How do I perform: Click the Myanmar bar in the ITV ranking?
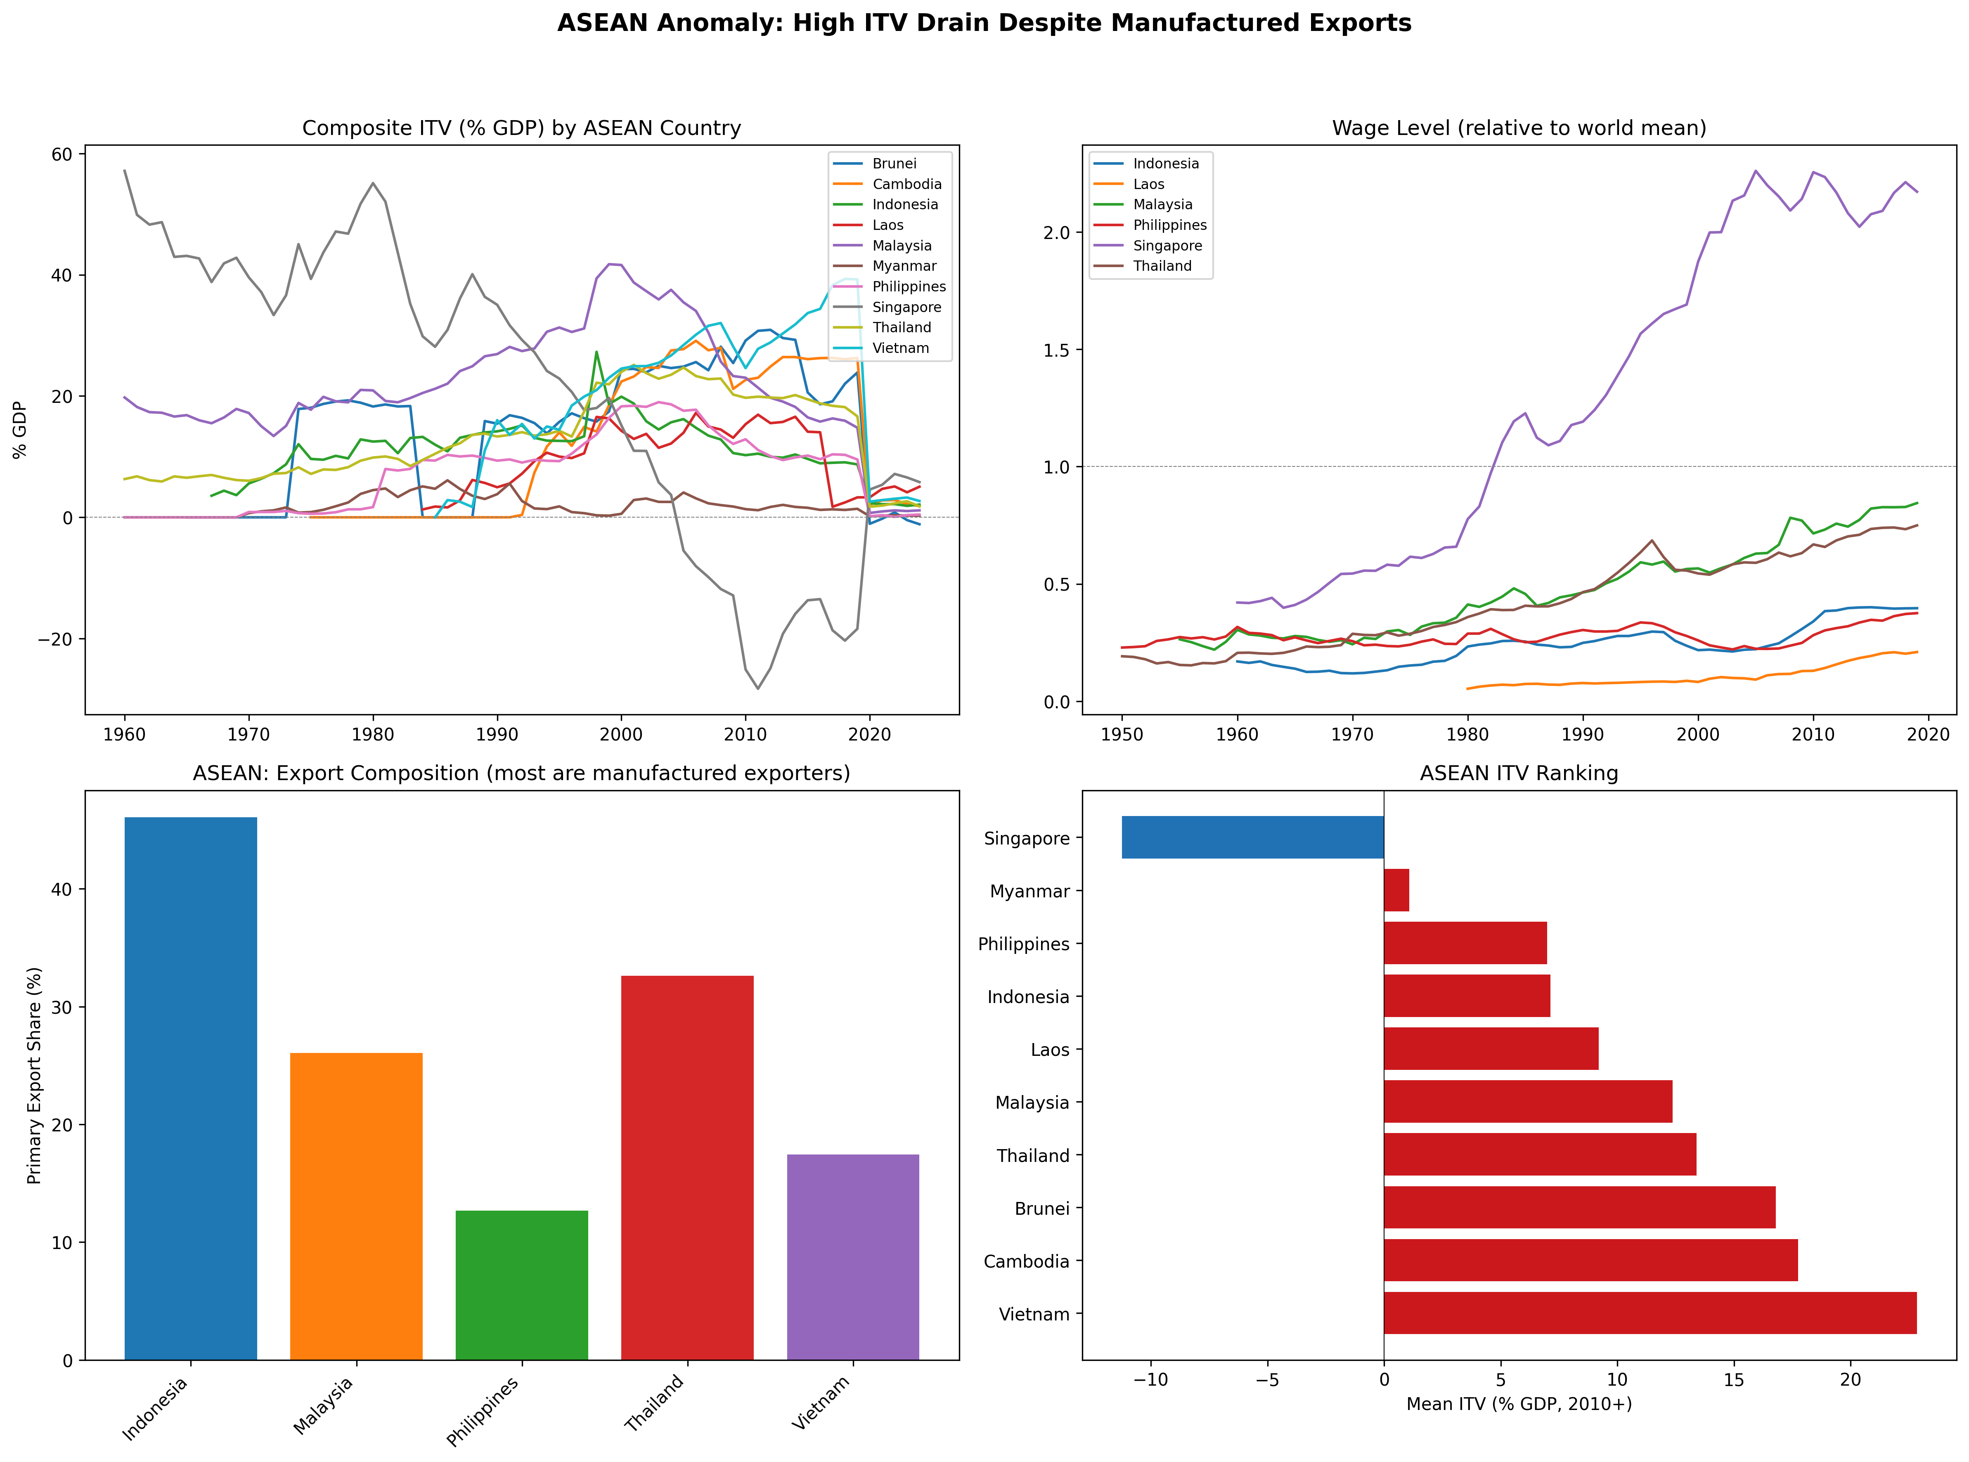[1396, 890]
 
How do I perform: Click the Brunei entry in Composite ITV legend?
[894, 164]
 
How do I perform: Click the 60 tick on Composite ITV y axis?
[62, 154]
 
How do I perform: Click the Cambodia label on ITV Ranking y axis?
[1027, 1261]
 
